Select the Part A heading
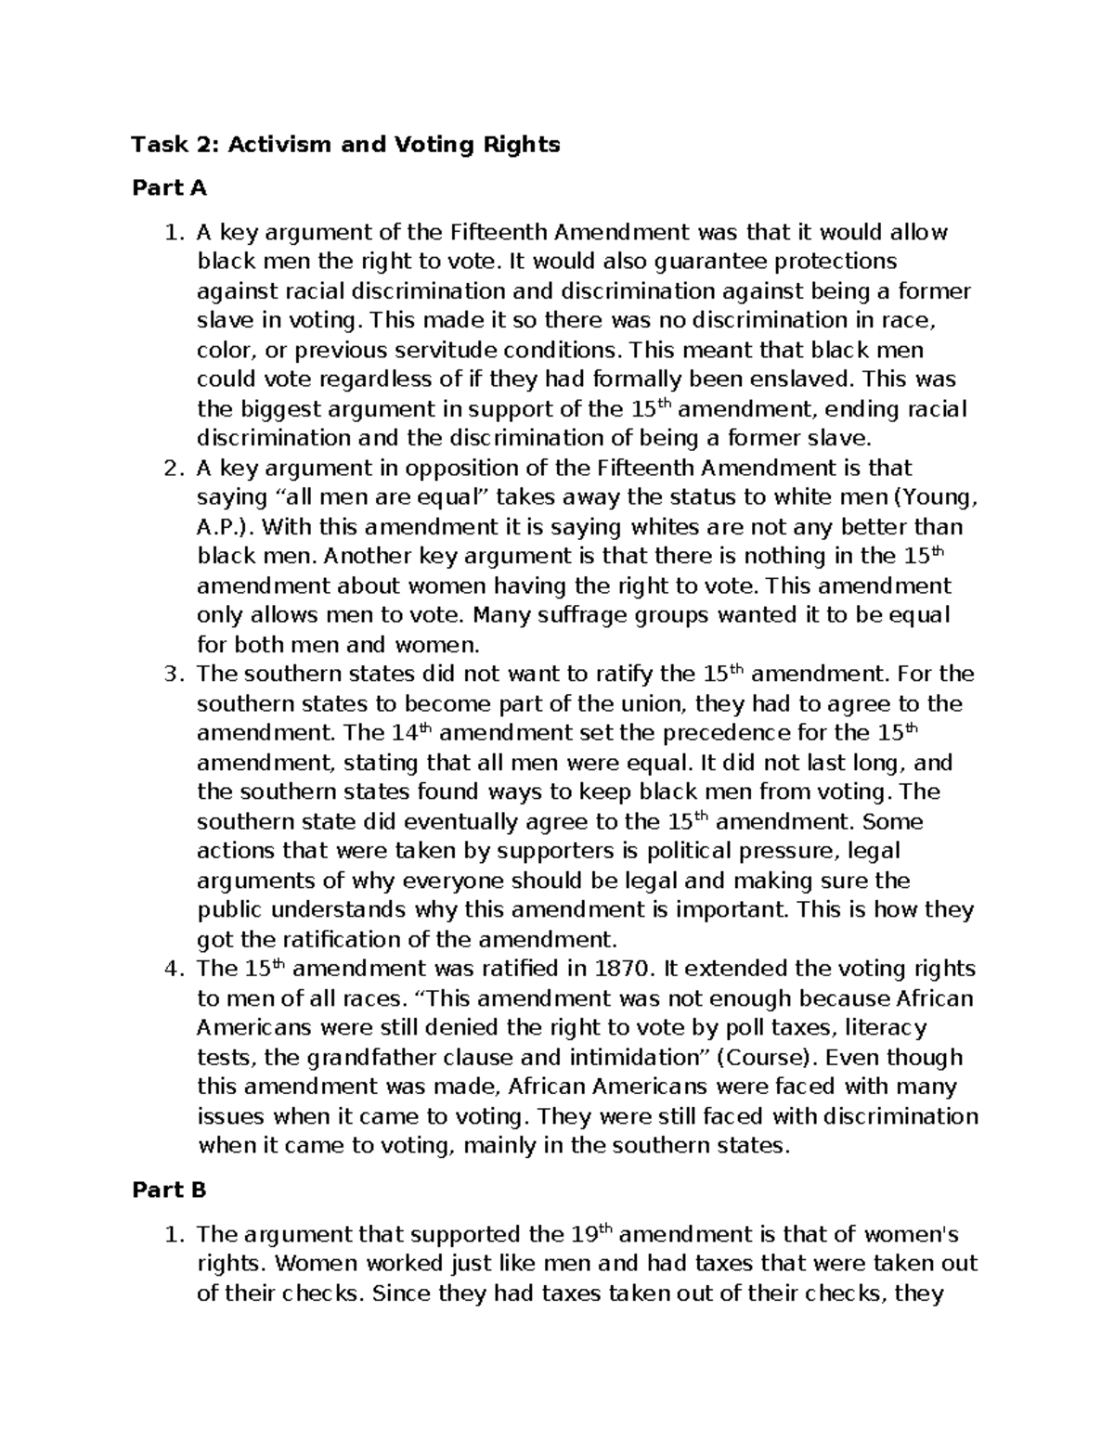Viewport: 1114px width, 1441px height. pyautogui.click(x=169, y=189)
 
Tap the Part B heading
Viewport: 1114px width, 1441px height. pyautogui.click(x=169, y=1190)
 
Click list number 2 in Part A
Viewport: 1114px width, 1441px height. pyautogui.click(x=170, y=468)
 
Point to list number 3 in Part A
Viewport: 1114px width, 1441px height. pyautogui.click(x=170, y=674)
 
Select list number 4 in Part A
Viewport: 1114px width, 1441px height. pyautogui.click(x=170, y=969)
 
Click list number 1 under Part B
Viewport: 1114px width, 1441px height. pyautogui.click(x=170, y=1235)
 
